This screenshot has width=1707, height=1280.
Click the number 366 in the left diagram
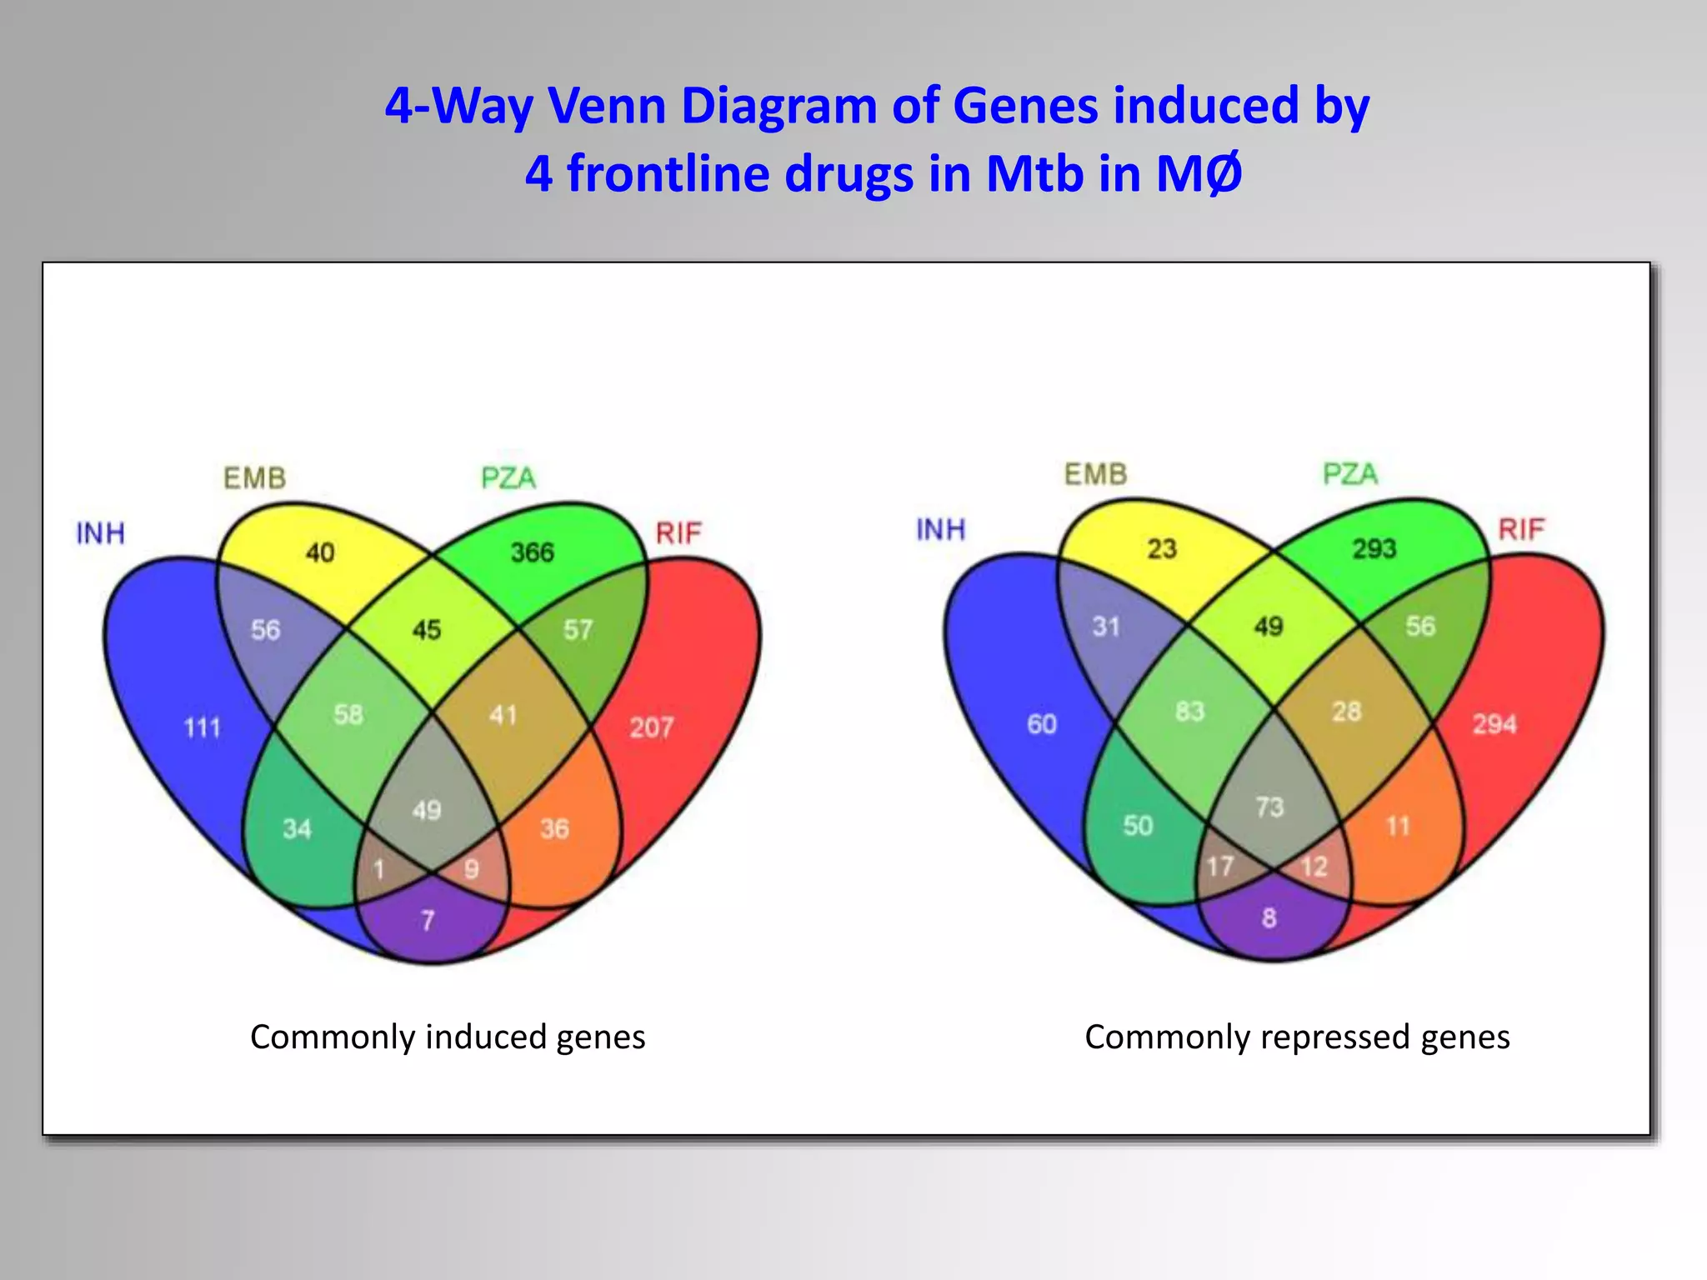coord(532,552)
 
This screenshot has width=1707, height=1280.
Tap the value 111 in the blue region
coord(203,728)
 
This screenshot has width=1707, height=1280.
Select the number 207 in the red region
coord(651,728)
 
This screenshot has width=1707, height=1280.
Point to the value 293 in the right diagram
coord(1374,548)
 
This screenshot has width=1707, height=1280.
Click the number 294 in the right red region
coord(1494,724)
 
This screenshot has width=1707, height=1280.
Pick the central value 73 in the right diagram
coord(1269,807)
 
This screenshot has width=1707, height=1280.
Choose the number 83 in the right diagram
coord(1189,711)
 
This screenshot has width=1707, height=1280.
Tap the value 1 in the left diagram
coord(378,870)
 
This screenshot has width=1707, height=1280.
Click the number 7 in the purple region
coord(428,920)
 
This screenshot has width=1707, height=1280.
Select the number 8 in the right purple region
coord(1269,917)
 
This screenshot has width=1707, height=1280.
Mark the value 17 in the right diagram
coord(1219,867)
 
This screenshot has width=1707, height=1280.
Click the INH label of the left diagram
coord(100,533)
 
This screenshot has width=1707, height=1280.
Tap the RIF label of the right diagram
coord(1521,529)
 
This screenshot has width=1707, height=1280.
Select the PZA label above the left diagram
coord(508,478)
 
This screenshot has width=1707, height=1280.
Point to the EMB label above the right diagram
coord(1095,474)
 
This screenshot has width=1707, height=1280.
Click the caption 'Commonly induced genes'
coord(448,1037)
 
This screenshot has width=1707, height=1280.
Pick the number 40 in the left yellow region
coord(320,552)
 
